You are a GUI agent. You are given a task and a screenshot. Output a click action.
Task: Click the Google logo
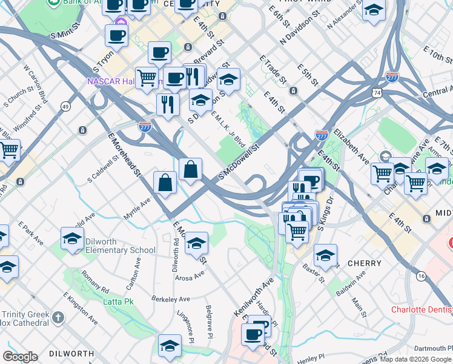(21, 357)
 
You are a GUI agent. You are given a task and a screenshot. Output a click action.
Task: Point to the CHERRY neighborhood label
(365, 263)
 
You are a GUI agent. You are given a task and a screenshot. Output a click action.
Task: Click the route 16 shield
(420, 277)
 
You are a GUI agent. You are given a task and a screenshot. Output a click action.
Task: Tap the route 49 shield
(64, 107)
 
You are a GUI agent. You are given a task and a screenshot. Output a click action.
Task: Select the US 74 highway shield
(377, 92)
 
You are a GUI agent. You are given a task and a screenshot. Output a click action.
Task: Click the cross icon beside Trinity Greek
(58, 317)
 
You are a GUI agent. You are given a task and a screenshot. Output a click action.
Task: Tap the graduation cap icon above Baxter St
(325, 254)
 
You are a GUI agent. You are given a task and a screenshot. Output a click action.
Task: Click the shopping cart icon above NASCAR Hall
(147, 77)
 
